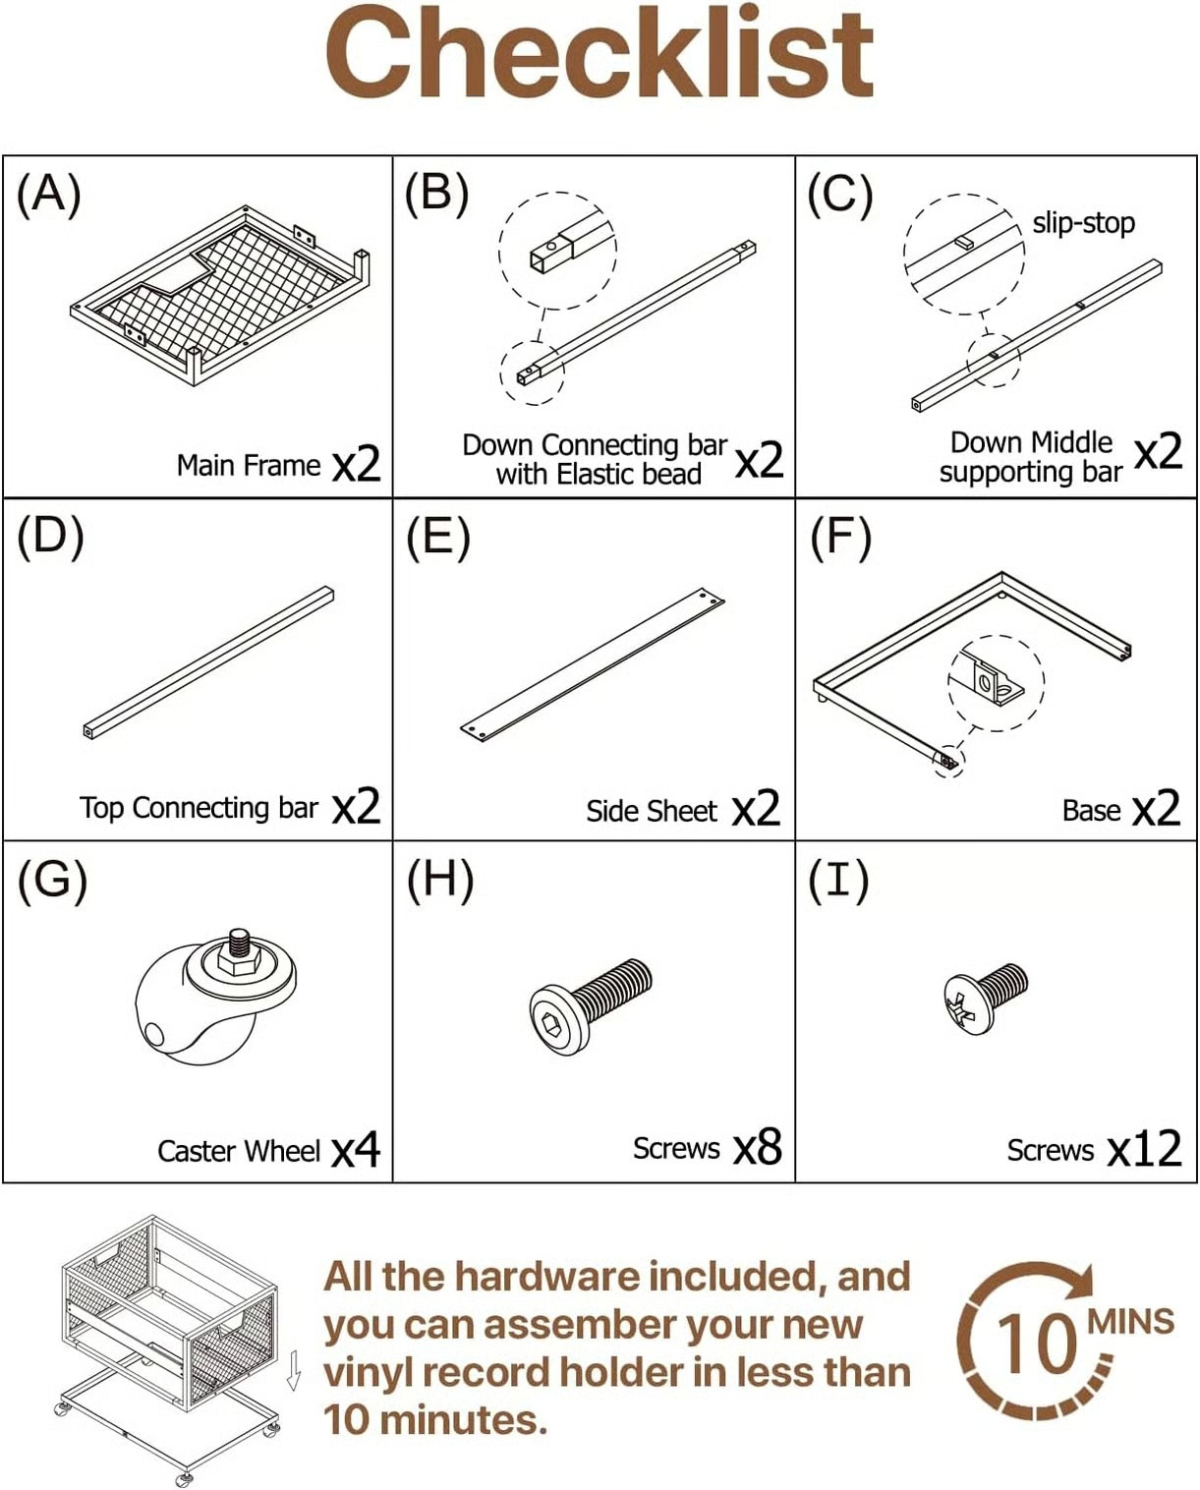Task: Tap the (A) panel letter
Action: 48,195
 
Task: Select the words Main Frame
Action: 249,465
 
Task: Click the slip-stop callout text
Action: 1084,223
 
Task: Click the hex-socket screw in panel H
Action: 591,1006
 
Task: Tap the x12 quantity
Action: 1144,1149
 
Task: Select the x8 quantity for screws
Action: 758,1147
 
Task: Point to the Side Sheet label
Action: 651,811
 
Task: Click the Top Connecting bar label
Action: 199,808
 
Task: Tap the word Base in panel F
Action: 1091,810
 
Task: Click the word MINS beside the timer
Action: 1131,1322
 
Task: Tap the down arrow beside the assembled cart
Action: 294,1369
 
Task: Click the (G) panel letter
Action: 52,881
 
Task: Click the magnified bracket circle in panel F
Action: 996,682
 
